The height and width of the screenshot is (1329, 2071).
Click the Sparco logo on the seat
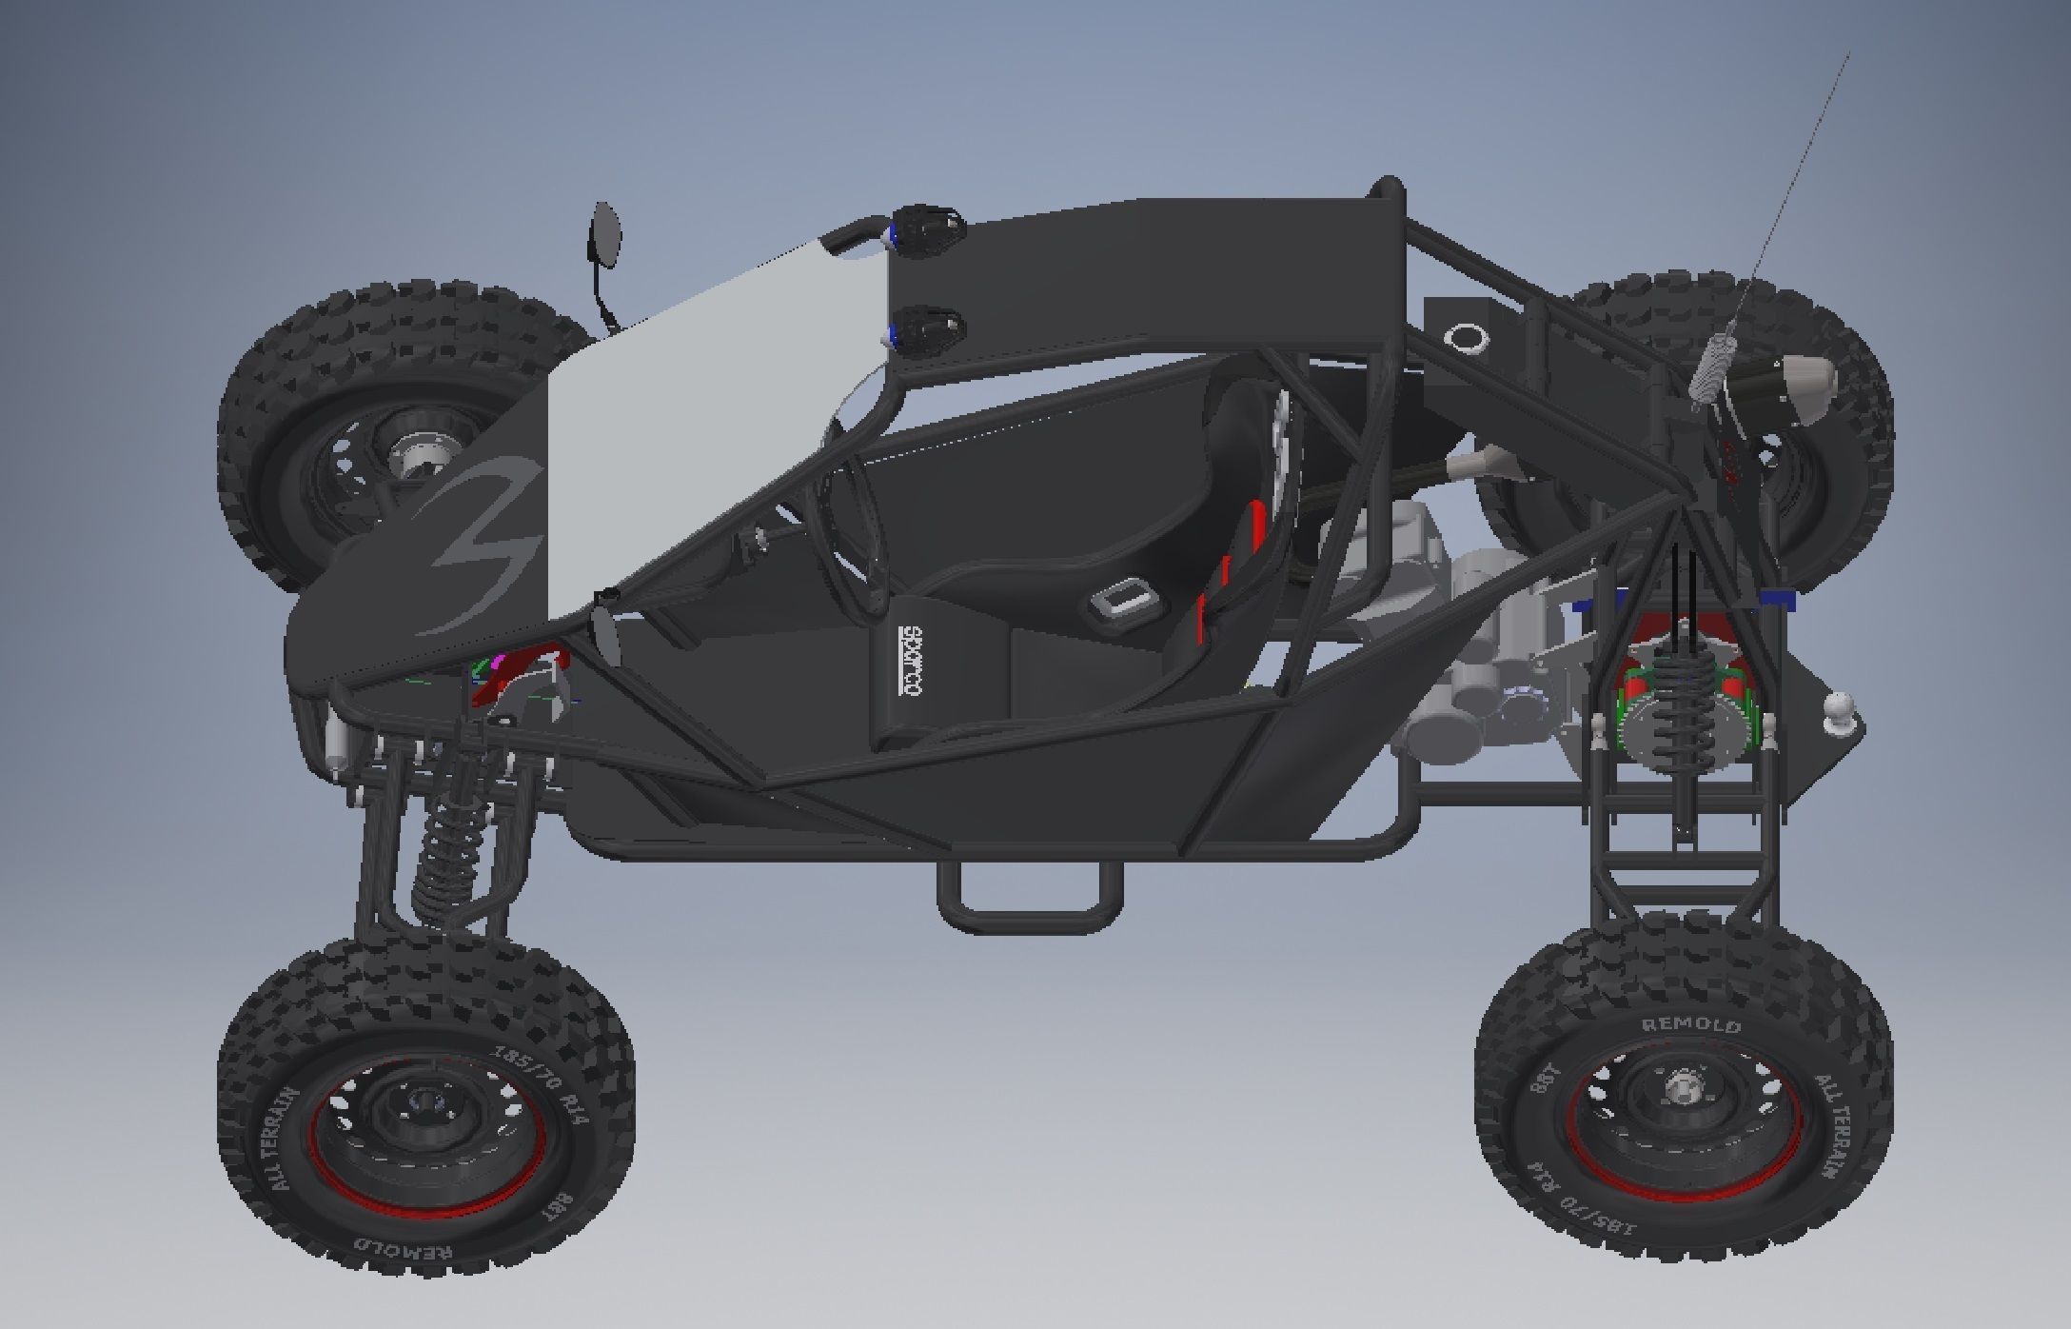tap(909, 663)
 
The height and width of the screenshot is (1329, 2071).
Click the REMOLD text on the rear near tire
tap(1691, 1026)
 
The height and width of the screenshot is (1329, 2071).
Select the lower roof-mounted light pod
tap(928, 329)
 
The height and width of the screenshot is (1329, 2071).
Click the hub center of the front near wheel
tap(425, 1105)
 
